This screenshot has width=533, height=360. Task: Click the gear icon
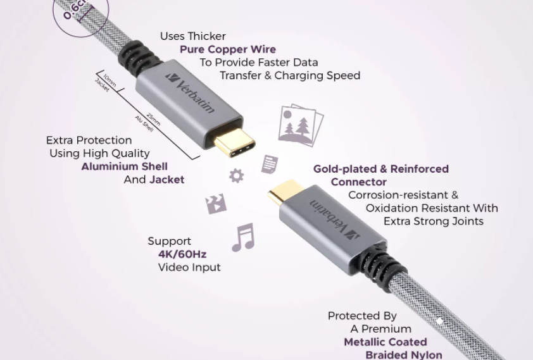point(237,176)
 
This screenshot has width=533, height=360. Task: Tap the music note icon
point(243,237)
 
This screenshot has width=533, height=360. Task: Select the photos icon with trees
point(301,125)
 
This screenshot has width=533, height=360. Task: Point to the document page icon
point(270,164)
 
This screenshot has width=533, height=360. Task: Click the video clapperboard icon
point(216,204)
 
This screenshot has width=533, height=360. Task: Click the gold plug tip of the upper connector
point(235,144)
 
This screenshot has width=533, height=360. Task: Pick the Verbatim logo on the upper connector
point(191,92)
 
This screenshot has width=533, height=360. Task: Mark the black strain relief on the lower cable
point(386,261)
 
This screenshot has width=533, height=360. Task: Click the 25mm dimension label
point(153,119)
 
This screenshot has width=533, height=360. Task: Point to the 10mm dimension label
point(110,80)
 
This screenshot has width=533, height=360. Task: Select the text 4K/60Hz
point(182,254)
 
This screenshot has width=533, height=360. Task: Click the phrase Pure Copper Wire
point(228,49)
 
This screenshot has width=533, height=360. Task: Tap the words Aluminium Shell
point(125,166)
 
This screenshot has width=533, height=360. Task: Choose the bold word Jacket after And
point(167,179)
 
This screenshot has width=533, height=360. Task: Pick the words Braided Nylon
point(404,355)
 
